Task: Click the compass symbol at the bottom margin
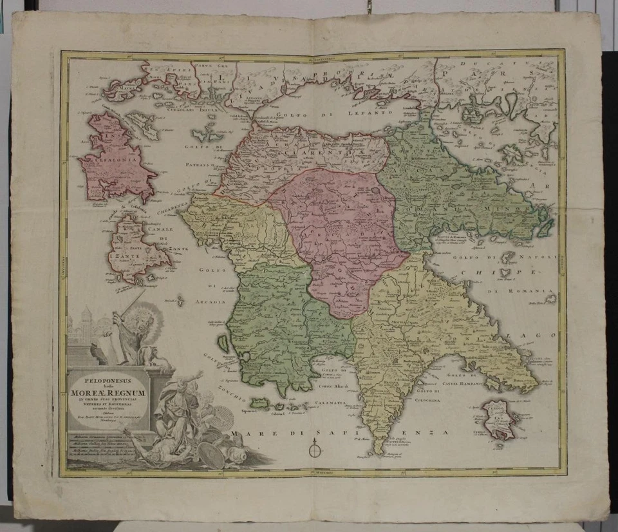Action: click(x=314, y=448)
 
